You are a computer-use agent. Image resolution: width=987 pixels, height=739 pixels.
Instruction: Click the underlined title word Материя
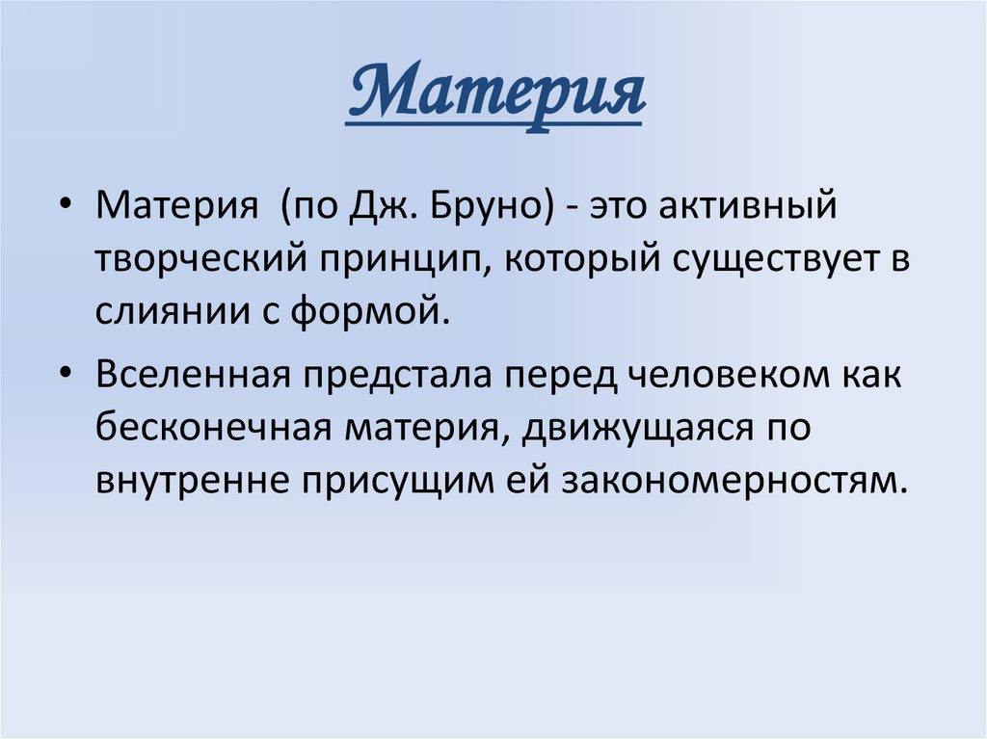pyautogui.click(x=493, y=95)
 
